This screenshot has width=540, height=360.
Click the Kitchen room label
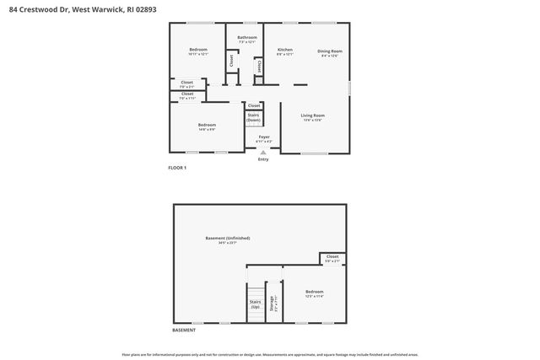(x=285, y=51)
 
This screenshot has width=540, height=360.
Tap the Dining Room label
(x=329, y=51)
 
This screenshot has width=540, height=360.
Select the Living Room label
(x=313, y=116)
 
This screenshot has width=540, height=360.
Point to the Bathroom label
(x=247, y=38)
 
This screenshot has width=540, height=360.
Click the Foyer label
(x=264, y=137)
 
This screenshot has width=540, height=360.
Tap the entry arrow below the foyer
(x=263, y=152)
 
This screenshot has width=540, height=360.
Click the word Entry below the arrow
(x=263, y=159)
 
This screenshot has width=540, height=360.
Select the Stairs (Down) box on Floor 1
(x=253, y=119)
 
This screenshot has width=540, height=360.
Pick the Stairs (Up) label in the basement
(x=255, y=304)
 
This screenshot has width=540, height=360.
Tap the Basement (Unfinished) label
(x=228, y=239)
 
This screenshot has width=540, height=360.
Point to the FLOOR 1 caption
(x=177, y=168)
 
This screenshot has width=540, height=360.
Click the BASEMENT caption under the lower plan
(x=184, y=330)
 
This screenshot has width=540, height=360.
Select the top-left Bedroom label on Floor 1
(x=198, y=51)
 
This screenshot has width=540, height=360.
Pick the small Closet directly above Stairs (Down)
(x=254, y=105)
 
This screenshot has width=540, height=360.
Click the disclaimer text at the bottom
(x=270, y=355)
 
